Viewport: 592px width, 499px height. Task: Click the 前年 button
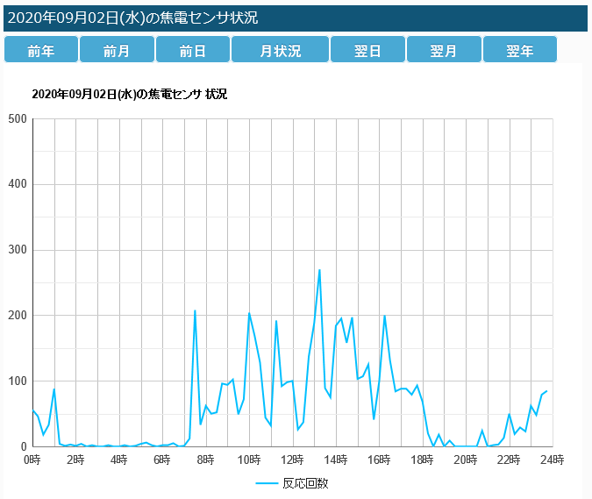[x=41, y=51]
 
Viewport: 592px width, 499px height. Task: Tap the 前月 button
[x=117, y=51]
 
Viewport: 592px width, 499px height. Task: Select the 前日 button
[x=192, y=51]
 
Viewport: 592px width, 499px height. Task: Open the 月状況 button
[x=280, y=51]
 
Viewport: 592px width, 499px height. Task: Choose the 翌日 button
[x=367, y=51]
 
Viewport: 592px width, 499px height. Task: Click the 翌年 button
[x=520, y=51]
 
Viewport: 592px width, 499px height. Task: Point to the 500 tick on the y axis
[x=17, y=119]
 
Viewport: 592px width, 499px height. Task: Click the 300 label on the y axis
[x=17, y=250]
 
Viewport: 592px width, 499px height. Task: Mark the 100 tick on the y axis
[x=17, y=381]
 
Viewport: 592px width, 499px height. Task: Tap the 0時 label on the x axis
[x=32, y=460]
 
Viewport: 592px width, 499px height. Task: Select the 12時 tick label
[x=292, y=460]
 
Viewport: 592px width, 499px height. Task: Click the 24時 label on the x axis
[x=552, y=460]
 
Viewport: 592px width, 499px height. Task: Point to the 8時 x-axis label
[x=206, y=460]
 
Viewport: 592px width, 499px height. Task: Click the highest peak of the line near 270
[x=319, y=270]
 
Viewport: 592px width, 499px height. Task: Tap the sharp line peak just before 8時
[x=195, y=310]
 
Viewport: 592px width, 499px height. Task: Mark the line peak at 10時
[x=249, y=313]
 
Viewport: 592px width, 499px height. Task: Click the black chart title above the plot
[x=129, y=94]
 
